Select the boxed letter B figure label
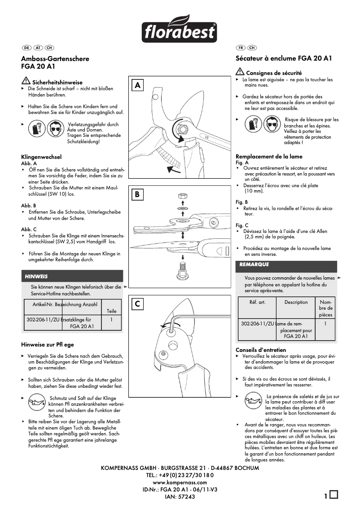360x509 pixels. tap(138, 194)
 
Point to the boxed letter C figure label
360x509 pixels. tap(138, 304)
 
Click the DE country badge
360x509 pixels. tap(26, 47)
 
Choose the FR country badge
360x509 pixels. tap(241, 47)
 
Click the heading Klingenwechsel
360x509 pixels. tap(41, 157)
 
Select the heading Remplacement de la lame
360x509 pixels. tap(269, 156)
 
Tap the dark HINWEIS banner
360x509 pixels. tap(72, 276)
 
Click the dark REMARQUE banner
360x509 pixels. tap(286, 265)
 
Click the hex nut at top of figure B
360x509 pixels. tap(182, 196)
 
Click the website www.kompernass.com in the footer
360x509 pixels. tap(180, 482)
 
